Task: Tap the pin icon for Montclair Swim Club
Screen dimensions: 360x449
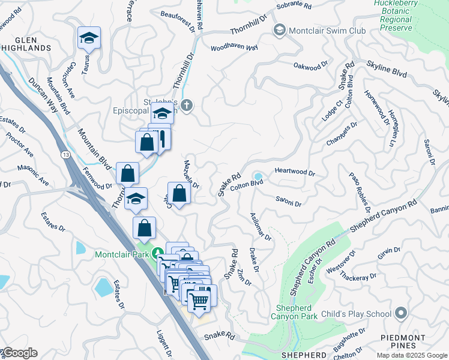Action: [x=279, y=30]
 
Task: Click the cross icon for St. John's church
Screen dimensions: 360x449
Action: [x=187, y=106]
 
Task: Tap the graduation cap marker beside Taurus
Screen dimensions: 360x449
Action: [x=89, y=39]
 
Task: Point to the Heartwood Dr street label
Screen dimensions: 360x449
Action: [x=295, y=172]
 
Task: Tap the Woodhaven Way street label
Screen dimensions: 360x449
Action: [x=234, y=47]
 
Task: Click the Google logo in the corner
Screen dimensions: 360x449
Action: [x=19, y=353]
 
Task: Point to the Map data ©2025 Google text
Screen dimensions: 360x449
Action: [x=412, y=355]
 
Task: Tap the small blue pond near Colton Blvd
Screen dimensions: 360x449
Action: [x=258, y=176]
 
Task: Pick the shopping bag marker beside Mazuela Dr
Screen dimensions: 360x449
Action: [x=179, y=193]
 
